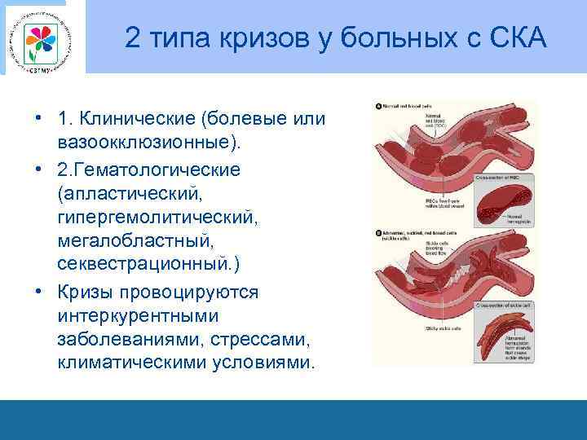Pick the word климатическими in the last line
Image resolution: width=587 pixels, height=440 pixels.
135,363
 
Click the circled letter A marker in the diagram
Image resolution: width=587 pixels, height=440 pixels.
378,107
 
